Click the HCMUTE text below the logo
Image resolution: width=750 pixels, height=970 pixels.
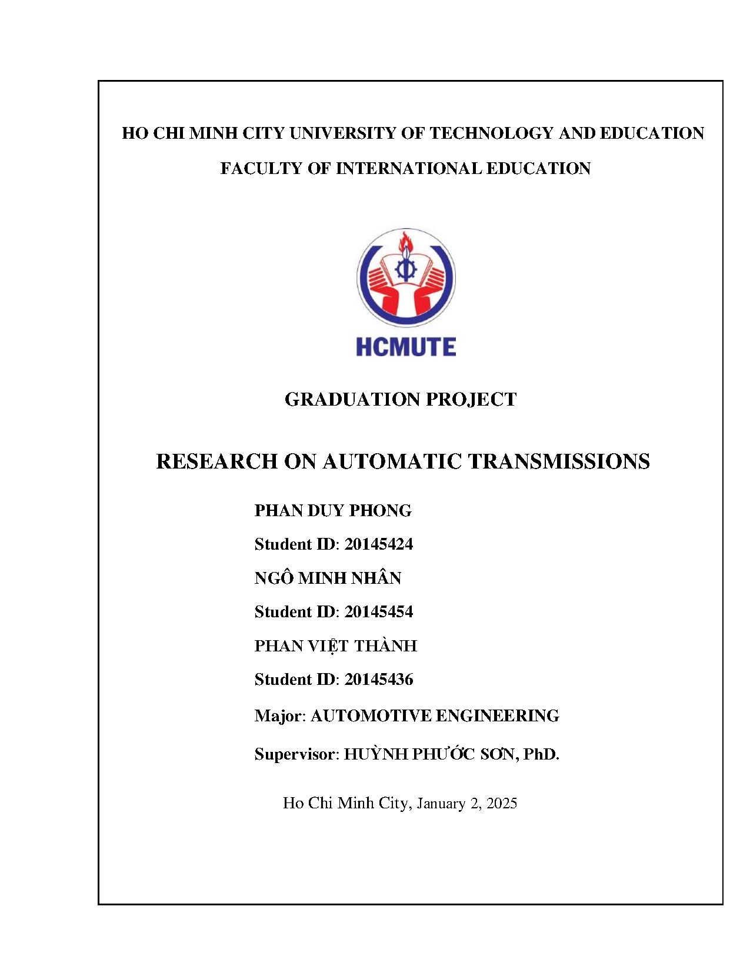pos(405,347)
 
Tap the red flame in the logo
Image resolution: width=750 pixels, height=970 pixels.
pos(405,242)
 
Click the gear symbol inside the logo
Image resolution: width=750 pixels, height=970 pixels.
pos(405,269)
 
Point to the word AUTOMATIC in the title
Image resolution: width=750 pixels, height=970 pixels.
pos(392,461)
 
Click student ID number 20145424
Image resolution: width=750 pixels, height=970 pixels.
pos(378,544)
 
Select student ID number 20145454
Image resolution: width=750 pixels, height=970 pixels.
pos(378,612)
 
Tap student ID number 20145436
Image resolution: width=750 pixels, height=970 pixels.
pos(378,680)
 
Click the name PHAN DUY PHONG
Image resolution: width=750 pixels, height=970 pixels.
pos(332,510)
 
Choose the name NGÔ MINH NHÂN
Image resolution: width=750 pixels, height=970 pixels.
pos(328,578)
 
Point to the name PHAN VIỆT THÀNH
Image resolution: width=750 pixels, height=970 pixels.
pos(335,646)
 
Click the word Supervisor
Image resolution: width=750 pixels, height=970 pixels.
pos(294,754)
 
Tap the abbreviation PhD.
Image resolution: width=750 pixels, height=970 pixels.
pos(541,754)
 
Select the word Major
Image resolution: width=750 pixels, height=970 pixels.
pos(278,716)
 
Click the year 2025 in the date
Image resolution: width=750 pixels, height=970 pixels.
pos(501,804)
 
